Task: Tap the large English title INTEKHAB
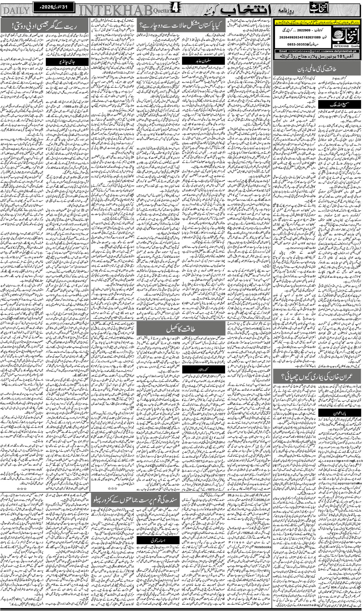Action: (115, 10)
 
